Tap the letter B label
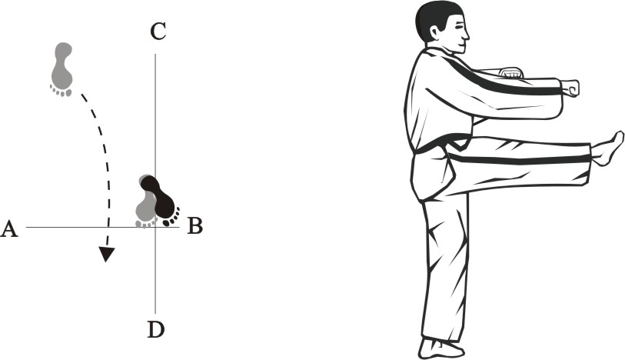click(195, 225)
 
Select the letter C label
click(158, 32)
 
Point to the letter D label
click(156, 329)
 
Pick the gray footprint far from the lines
click(62, 69)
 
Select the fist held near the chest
click(510, 72)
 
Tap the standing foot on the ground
click(440, 349)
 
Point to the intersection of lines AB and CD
click(155, 227)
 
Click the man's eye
click(460, 27)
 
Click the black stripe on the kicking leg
click(518, 160)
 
